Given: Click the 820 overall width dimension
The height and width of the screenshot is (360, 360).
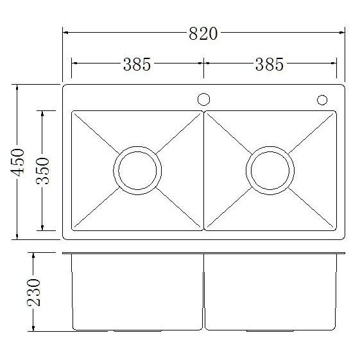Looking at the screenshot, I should coord(203,34).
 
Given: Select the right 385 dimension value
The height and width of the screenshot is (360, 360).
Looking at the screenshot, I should coord(269,64).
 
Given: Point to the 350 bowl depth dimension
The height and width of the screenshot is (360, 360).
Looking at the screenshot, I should coord(44,171).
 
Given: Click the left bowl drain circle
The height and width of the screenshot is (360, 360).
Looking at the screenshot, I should coord(135,171).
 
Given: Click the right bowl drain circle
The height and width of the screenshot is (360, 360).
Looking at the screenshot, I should coord(270,171).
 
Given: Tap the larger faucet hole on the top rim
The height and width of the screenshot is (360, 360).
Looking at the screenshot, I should coord(203,99).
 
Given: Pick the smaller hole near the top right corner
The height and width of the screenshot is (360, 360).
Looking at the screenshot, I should coord(322,99).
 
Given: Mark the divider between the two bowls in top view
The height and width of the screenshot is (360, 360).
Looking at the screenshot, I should coord(203,171).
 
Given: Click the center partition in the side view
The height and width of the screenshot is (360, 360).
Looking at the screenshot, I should coord(203,292).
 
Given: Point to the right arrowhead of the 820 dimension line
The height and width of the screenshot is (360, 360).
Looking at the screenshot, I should coord(341,34).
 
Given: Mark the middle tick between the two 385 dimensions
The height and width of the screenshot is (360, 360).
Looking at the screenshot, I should coord(203,64).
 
